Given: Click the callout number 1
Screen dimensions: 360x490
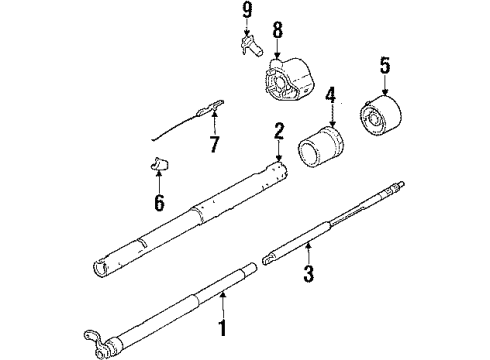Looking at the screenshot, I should point(223,328).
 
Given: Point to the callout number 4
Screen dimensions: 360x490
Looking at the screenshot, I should point(330,98).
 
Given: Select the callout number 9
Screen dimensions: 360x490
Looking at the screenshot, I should point(245,13).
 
